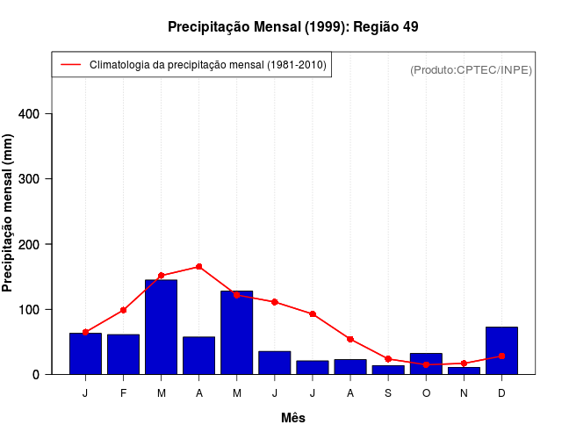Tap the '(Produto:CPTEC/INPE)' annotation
click(x=471, y=69)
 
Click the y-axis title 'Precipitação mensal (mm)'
click(x=8, y=212)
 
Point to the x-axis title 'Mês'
click(x=292, y=418)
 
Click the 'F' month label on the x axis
click(x=123, y=392)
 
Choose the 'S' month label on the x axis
click(x=388, y=392)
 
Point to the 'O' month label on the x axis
click(x=426, y=392)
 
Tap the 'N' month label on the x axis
click(x=464, y=392)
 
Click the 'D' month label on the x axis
click(x=501, y=392)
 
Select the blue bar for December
click(x=501, y=351)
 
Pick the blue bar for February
click(x=123, y=355)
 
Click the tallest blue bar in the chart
click(x=161, y=327)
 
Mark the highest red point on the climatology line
click(x=199, y=266)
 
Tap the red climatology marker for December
click(x=501, y=356)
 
